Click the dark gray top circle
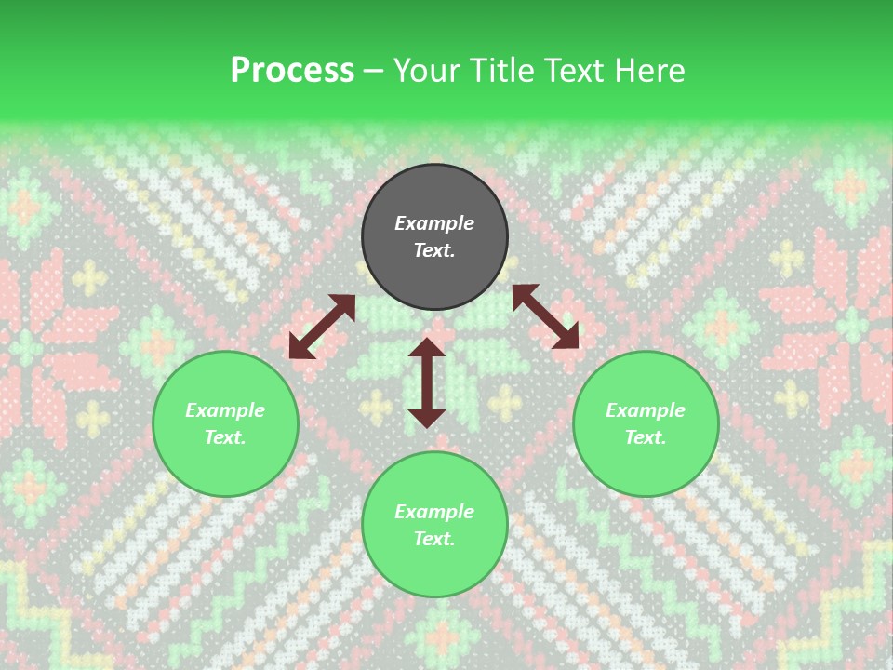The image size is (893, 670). (434, 237)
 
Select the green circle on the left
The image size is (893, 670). (225, 423)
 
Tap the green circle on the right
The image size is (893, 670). (646, 423)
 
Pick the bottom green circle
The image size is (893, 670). (434, 525)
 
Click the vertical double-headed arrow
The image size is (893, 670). (427, 382)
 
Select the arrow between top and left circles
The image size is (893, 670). (322, 327)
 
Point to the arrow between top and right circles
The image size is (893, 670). (545, 316)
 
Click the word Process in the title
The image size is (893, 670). (292, 70)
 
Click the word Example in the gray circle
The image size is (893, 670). (434, 223)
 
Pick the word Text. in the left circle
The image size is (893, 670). (225, 437)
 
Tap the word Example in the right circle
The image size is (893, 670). (646, 410)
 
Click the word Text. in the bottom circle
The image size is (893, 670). (434, 539)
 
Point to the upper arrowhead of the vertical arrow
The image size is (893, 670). (427, 348)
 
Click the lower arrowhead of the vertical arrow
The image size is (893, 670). (427, 418)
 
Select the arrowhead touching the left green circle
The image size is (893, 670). (300, 347)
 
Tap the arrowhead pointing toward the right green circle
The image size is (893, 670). (566, 338)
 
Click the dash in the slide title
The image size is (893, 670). (374, 70)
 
